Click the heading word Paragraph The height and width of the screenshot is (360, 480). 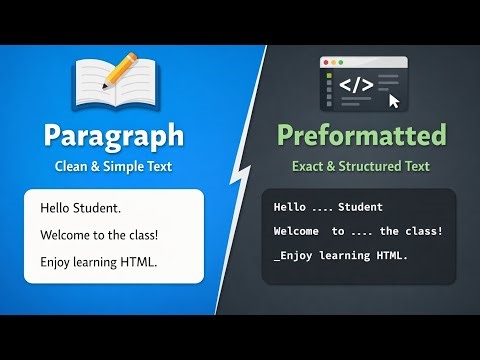(x=113, y=135)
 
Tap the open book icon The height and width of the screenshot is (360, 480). (x=108, y=86)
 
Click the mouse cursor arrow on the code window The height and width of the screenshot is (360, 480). (x=393, y=100)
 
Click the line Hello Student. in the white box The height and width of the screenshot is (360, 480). (x=80, y=210)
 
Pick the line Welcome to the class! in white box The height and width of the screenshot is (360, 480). (x=99, y=236)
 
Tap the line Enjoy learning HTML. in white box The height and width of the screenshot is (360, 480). (x=99, y=262)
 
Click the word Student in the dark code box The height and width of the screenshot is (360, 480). (x=360, y=207)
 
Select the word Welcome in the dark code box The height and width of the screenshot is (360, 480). (x=297, y=231)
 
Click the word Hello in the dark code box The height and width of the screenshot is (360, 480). (x=290, y=207)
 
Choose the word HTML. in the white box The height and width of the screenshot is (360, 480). (x=141, y=262)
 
